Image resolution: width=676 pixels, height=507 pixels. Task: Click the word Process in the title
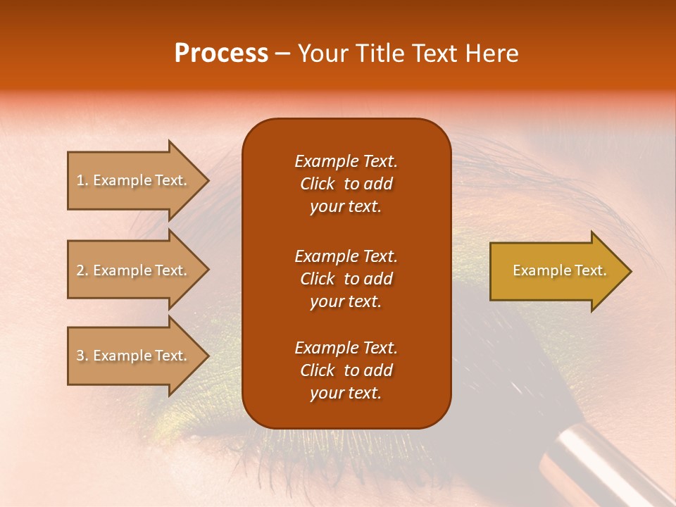click(221, 54)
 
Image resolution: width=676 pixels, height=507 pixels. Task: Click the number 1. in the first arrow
click(82, 180)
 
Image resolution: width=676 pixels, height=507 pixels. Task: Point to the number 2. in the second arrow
click(82, 270)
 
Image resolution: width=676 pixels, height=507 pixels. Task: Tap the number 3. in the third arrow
click(82, 356)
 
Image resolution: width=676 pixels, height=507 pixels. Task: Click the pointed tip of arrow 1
click(205, 180)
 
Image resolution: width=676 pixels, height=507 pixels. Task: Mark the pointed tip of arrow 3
click(205, 356)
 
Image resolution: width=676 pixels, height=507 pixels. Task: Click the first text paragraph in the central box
click(346, 184)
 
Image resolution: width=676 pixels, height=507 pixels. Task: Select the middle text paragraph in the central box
click(346, 278)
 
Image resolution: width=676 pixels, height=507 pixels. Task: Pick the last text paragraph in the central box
click(346, 370)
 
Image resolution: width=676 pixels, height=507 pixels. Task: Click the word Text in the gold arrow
click(591, 270)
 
